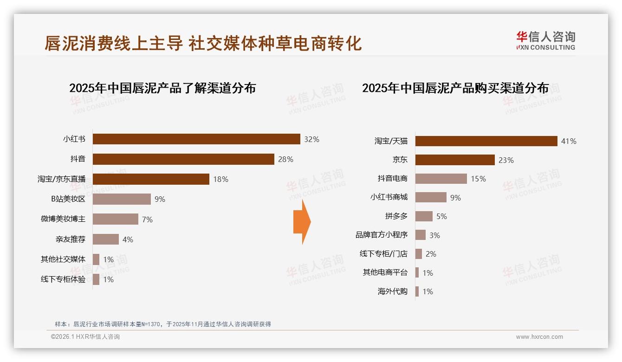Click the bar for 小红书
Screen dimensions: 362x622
196,139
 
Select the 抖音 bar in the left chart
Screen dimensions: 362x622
183,159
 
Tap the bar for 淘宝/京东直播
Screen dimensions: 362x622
151,179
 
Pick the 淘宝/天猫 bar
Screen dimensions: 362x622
486,141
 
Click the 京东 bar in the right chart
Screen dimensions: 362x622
455,160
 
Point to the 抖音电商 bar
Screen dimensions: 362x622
441,179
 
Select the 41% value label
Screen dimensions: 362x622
569,141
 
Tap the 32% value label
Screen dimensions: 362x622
311,139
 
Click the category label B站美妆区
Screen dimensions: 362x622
68,199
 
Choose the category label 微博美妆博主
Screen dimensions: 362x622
63,219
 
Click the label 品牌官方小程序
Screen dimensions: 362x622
382,235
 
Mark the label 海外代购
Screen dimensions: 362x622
392,291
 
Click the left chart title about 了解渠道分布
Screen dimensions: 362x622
162,88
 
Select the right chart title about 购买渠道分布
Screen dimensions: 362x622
455,88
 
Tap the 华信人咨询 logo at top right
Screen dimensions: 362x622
545,41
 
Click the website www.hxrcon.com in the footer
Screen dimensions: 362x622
539,337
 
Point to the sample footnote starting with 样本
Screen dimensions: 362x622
162,324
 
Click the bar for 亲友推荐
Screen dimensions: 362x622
106,239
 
